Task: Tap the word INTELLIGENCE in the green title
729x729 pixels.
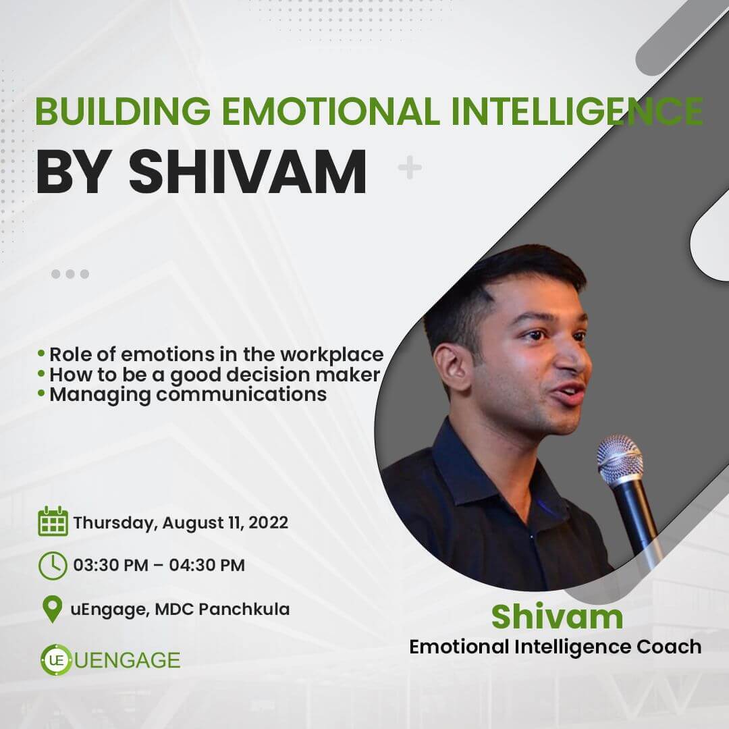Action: [577, 111]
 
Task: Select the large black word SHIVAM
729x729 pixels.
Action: [247, 171]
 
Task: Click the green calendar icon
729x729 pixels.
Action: [53, 521]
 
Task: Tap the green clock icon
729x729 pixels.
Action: [53, 566]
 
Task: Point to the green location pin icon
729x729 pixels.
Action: [52, 609]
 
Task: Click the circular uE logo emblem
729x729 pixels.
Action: [56, 659]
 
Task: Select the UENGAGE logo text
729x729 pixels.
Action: [127, 660]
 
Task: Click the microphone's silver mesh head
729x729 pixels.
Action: [620, 460]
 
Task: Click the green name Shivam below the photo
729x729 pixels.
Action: [557, 616]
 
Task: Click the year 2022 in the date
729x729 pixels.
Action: [268, 522]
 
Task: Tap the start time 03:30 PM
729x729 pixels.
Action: [111, 566]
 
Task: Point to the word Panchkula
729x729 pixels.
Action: [244, 609]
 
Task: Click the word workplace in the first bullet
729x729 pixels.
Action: [332, 354]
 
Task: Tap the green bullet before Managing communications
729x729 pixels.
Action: [41, 394]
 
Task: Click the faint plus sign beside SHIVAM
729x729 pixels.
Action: [410, 168]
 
